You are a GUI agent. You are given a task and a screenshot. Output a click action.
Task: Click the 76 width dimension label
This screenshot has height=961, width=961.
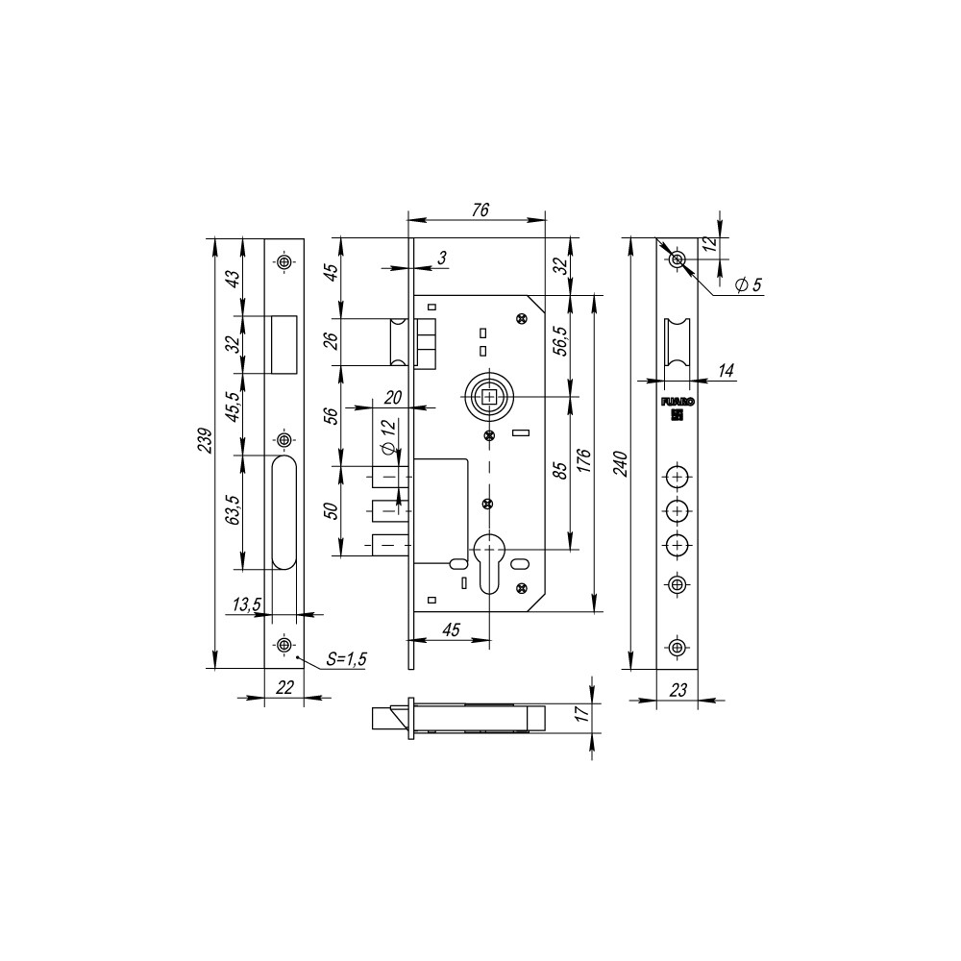(x=480, y=209)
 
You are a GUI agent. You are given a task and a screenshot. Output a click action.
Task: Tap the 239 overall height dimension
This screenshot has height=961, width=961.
(x=206, y=441)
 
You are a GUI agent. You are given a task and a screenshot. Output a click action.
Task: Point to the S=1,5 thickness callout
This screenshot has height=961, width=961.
(x=346, y=659)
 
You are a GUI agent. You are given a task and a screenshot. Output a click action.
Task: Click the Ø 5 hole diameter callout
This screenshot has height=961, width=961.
(x=748, y=284)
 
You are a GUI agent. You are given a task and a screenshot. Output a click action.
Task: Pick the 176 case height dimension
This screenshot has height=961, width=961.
(x=584, y=461)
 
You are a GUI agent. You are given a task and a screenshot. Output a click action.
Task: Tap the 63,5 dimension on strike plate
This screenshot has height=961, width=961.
(x=233, y=508)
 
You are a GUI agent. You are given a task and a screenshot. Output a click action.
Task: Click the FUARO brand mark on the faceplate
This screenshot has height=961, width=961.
(x=678, y=402)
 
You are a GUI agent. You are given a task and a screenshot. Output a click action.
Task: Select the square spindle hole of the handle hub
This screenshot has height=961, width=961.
(x=490, y=397)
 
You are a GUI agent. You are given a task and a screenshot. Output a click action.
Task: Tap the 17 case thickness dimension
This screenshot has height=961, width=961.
(x=583, y=713)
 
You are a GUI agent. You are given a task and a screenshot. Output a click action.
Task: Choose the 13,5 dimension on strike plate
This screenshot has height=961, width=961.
(x=247, y=604)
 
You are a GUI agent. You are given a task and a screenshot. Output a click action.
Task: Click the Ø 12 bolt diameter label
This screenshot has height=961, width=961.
(x=388, y=435)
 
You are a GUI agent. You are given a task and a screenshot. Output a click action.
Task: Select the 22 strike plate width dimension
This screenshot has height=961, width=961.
(x=284, y=688)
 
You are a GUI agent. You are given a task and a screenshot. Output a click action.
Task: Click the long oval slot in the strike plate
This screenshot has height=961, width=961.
(x=284, y=513)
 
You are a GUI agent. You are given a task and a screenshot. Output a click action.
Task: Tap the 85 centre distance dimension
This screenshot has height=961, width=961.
(x=560, y=470)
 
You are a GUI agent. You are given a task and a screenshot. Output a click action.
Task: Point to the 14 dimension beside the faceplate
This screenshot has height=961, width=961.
(x=726, y=370)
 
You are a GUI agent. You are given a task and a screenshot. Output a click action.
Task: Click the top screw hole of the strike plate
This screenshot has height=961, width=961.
(x=283, y=262)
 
